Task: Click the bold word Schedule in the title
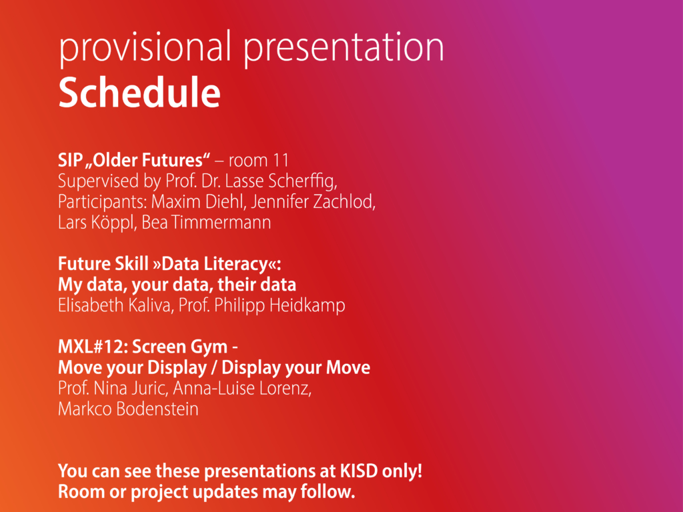[x=139, y=92]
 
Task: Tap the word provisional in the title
[x=145, y=47]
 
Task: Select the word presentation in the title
[x=344, y=48]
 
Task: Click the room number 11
[x=281, y=160]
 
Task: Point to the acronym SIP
[x=71, y=160]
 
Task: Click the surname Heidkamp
[x=307, y=305]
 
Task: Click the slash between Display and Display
[x=214, y=368]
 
